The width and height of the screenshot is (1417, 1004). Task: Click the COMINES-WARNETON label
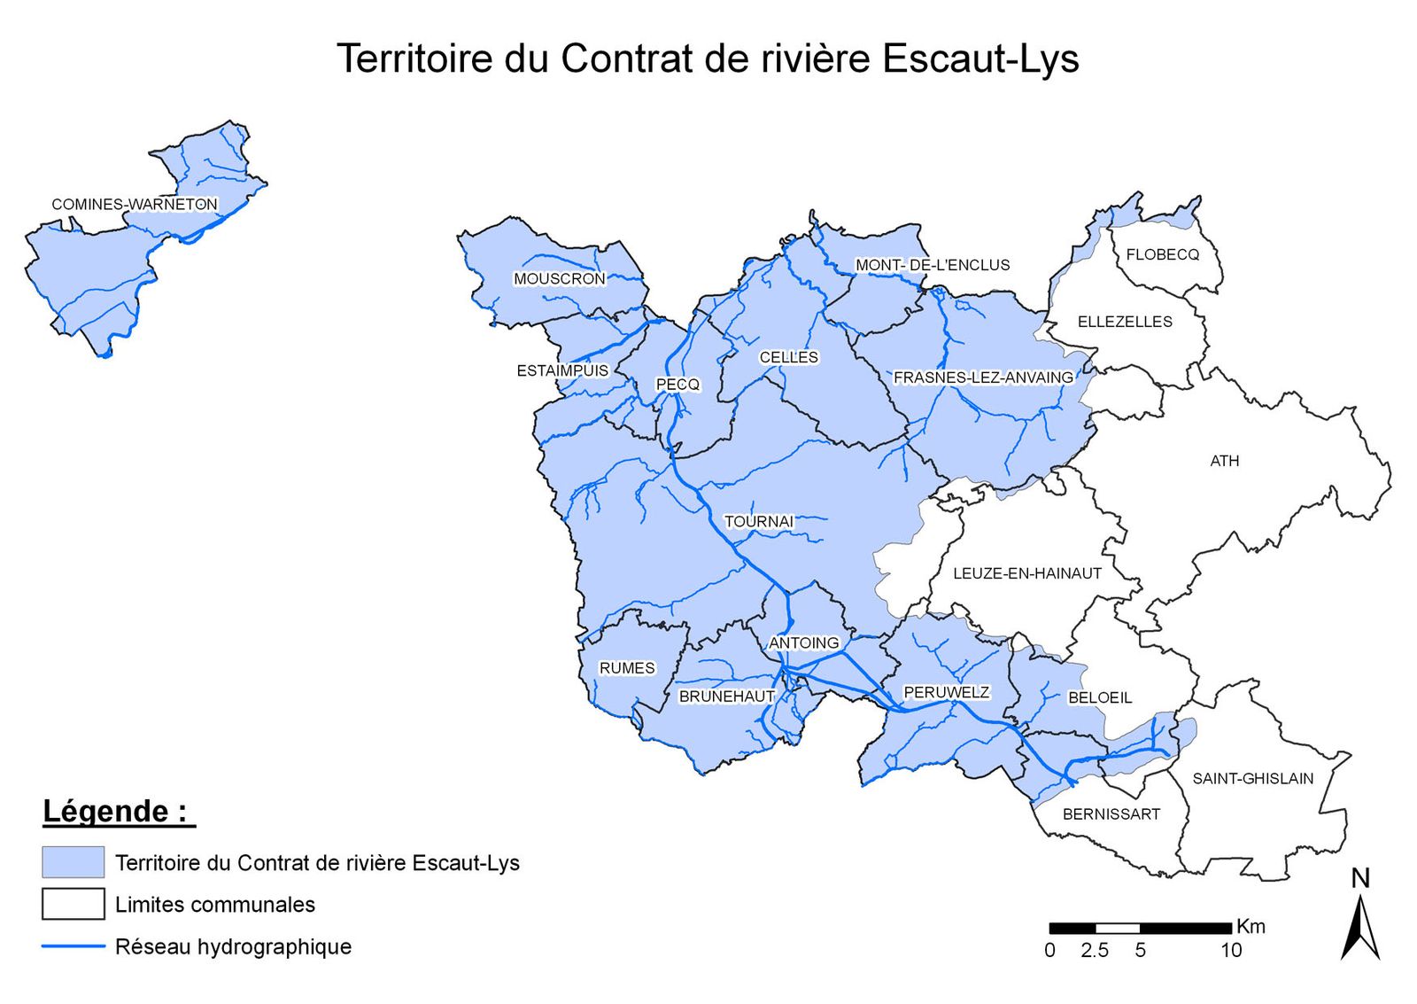pos(134,204)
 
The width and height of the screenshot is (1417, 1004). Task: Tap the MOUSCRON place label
pos(559,278)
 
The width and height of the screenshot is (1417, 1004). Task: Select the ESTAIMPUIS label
pos(562,370)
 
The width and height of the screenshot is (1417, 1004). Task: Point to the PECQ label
pos(678,384)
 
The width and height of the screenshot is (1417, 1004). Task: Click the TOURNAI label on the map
pos(759,521)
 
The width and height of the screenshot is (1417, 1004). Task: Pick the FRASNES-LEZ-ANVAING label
pos(983,377)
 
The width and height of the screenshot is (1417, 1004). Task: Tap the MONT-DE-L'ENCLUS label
pos(932,264)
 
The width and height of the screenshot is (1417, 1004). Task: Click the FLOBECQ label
pos(1162,254)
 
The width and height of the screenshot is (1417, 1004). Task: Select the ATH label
pos(1224,461)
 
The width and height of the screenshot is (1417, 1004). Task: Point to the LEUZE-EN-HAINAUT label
pos(1026,573)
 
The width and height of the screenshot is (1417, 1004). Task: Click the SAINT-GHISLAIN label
pos(1252,778)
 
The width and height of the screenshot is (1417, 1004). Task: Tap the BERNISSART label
pos(1111,813)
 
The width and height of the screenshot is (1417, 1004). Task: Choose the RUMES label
pos(627,667)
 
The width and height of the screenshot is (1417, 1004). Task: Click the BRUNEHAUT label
pos(726,697)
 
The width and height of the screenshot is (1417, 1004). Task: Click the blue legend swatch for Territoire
pos(73,862)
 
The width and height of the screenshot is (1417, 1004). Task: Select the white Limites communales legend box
pos(73,904)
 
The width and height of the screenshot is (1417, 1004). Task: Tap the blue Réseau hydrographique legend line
pos(73,946)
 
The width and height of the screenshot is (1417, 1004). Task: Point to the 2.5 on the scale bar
pos(1094,950)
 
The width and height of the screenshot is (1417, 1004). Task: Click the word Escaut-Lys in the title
pos(980,58)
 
